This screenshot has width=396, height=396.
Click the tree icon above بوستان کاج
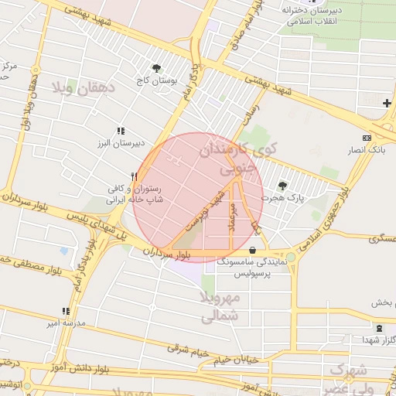click(x=157, y=68)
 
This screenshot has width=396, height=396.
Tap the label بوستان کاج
click(x=157, y=80)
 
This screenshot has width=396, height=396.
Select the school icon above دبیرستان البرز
click(x=120, y=131)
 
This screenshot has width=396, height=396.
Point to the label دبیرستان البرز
click(x=120, y=143)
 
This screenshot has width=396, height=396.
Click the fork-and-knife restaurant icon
click(x=135, y=176)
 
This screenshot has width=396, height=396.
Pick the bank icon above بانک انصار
click(x=367, y=136)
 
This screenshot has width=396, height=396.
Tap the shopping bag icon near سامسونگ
click(x=254, y=249)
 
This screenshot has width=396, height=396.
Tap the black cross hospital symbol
click(x=387, y=103)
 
